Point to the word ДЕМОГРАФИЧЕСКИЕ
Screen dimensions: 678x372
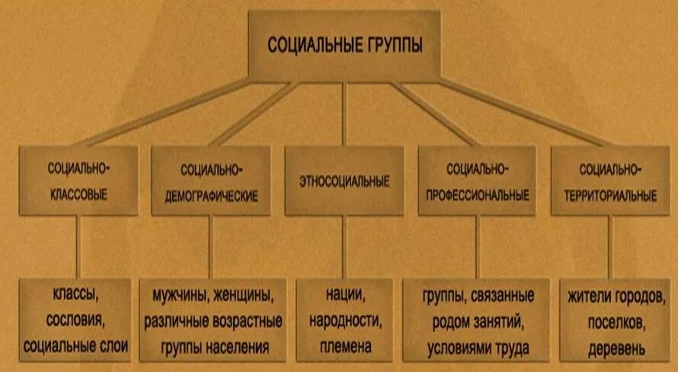tap(211, 196)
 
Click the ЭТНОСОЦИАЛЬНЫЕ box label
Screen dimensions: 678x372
tap(344, 181)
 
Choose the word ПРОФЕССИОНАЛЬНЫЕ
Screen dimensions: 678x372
tap(476, 195)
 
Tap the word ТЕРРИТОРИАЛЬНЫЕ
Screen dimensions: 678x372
tap(609, 195)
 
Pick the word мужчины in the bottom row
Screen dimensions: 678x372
tap(181, 293)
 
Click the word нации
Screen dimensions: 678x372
tap(343, 293)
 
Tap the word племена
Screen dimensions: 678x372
tap(343, 345)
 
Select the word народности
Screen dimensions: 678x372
tap(343, 319)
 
